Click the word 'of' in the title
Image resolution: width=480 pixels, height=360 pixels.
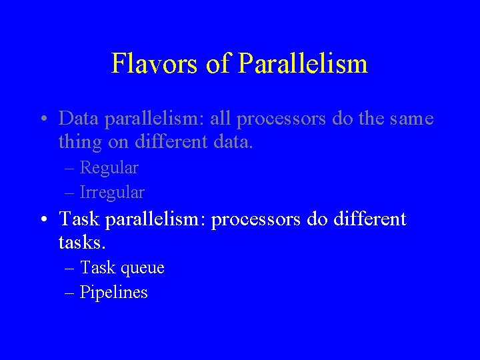click(x=217, y=64)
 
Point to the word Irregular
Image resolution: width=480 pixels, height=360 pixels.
click(x=111, y=193)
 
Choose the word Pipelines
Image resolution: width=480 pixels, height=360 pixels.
click(x=113, y=293)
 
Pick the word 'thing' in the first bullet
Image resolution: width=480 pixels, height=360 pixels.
click(x=79, y=143)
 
